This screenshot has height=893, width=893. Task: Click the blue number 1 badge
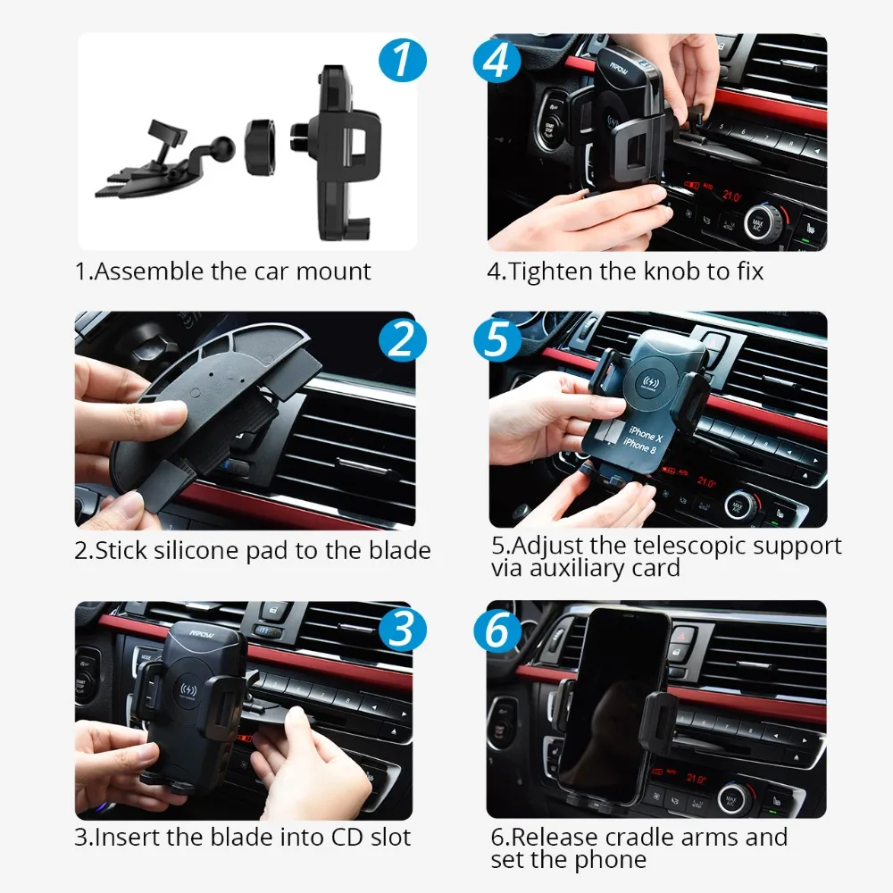pyautogui.click(x=403, y=59)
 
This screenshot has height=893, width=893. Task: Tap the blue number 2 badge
pyautogui.click(x=403, y=339)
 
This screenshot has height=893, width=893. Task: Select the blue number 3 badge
pyautogui.click(x=403, y=629)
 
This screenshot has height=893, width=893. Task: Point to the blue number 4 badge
pyautogui.click(x=497, y=59)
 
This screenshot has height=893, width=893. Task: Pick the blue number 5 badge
pyautogui.click(x=497, y=339)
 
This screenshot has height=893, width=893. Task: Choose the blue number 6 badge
pyautogui.click(x=497, y=629)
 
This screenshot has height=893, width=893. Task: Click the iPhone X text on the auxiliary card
pyautogui.click(x=647, y=433)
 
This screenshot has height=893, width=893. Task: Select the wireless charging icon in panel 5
pyautogui.click(x=648, y=381)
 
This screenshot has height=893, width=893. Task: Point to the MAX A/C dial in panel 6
pyautogui.click(x=732, y=799)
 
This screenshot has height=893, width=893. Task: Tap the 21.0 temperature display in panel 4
pyautogui.click(x=732, y=196)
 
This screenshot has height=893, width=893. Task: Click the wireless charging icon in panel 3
pyautogui.click(x=188, y=690)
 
